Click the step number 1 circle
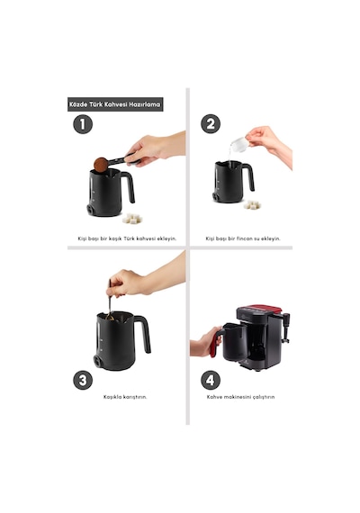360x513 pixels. coord(83,124)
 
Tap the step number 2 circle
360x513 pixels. coord(210,123)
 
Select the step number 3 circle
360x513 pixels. coord(83,380)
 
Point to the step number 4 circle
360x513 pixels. coord(210,380)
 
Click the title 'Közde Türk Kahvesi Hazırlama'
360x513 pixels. coord(115,104)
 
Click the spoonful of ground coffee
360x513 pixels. coord(101,165)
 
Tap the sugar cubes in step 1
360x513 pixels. coord(132,219)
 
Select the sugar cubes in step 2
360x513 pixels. coord(252,205)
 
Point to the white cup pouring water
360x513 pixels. coord(239,144)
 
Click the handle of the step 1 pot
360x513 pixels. coord(129,186)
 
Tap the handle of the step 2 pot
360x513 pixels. coord(249,176)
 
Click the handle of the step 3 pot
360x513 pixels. coord(144,333)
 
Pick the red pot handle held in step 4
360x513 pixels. coord(215,344)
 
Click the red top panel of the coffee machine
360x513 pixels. coord(262,309)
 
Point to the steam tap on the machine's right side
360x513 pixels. coord(285,328)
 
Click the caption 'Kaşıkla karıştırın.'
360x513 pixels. coord(125,397)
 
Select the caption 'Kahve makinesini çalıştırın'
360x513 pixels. coord(240,397)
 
